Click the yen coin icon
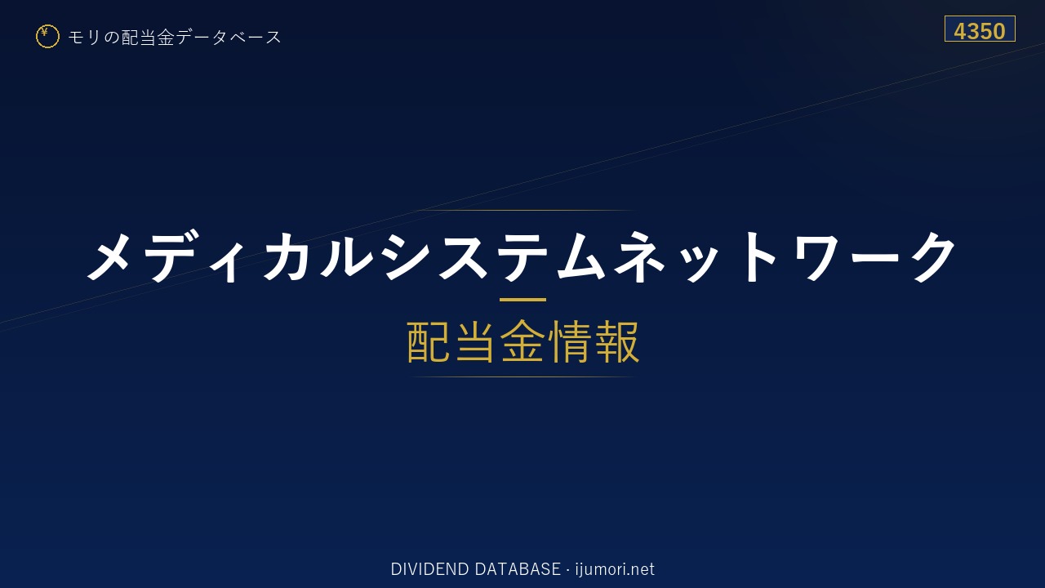click(47, 37)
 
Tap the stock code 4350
click(980, 31)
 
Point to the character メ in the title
click(109, 256)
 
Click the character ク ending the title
click(935, 256)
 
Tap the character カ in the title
click(286, 256)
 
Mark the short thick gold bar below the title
click(522, 300)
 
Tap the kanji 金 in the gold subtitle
click(522, 341)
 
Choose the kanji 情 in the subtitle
click(570, 341)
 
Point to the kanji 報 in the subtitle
click(616, 341)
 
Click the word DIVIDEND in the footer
click(429, 569)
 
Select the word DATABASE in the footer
click(518, 569)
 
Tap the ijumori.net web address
click(615, 569)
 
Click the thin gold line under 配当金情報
click(522, 376)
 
